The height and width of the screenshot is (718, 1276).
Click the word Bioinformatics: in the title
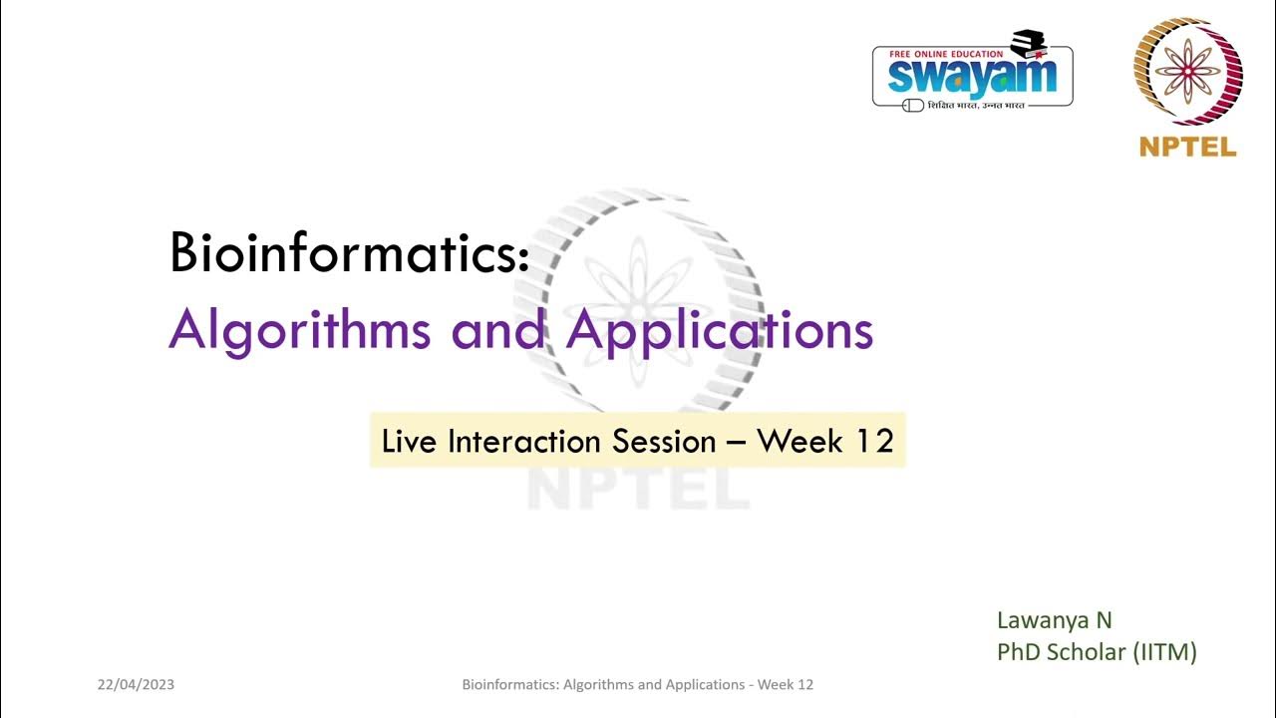(x=349, y=253)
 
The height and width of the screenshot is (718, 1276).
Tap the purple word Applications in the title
(x=719, y=330)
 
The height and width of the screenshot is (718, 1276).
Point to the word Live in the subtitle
(x=410, y=441)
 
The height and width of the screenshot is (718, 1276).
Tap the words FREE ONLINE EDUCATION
(x=946, y=54)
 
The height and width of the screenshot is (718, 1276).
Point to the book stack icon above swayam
(x=1028, y=43)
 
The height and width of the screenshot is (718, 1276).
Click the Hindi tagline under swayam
(x=976, y=105)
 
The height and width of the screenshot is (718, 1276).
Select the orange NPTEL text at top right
(x=1187, y=148)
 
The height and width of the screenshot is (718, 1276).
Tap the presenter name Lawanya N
(x=1054, y=620)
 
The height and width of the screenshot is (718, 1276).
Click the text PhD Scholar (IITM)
(x=1097, y=652)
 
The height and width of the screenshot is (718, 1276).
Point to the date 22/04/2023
(x=136, y=685)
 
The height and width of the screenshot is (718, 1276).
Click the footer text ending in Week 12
(x=638, y=685)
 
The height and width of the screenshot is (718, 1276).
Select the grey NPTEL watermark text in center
(x=638, y=489)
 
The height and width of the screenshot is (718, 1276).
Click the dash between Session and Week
(x=737, y=442)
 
